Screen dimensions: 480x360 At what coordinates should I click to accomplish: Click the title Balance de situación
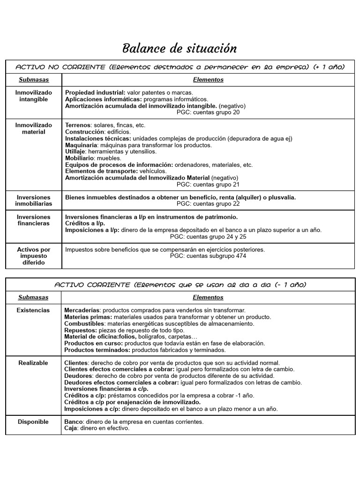point(180,48)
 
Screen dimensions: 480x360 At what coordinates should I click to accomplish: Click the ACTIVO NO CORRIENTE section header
point(180,67)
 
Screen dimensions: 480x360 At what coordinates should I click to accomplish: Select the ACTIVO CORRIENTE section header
point(180,285)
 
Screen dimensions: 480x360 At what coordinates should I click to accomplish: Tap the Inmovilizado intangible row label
point(34,96)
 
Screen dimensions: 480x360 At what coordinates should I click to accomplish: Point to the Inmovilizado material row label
point(34,128)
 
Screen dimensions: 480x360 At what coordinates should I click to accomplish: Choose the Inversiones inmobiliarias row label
point(34,201)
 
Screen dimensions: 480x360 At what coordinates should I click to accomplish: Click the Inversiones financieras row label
point(34,220)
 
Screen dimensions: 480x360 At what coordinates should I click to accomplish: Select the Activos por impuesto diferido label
point(34,256)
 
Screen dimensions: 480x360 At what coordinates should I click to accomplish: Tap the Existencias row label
point(33,310)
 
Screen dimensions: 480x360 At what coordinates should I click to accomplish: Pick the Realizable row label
point(33,363)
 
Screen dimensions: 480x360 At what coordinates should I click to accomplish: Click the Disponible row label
point(33,422)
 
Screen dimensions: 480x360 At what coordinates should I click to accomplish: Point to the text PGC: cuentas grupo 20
point(208,112)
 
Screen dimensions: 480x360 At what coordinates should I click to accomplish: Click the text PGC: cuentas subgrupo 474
point(208,256)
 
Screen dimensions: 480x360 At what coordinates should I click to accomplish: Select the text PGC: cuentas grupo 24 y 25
point(208,237)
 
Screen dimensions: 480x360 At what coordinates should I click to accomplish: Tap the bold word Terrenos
point(77,125)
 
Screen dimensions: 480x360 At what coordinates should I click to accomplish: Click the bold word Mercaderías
point(82,310)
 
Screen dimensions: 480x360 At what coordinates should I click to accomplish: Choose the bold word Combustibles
point(83,323)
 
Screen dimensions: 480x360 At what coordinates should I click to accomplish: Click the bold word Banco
point(73,422)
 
